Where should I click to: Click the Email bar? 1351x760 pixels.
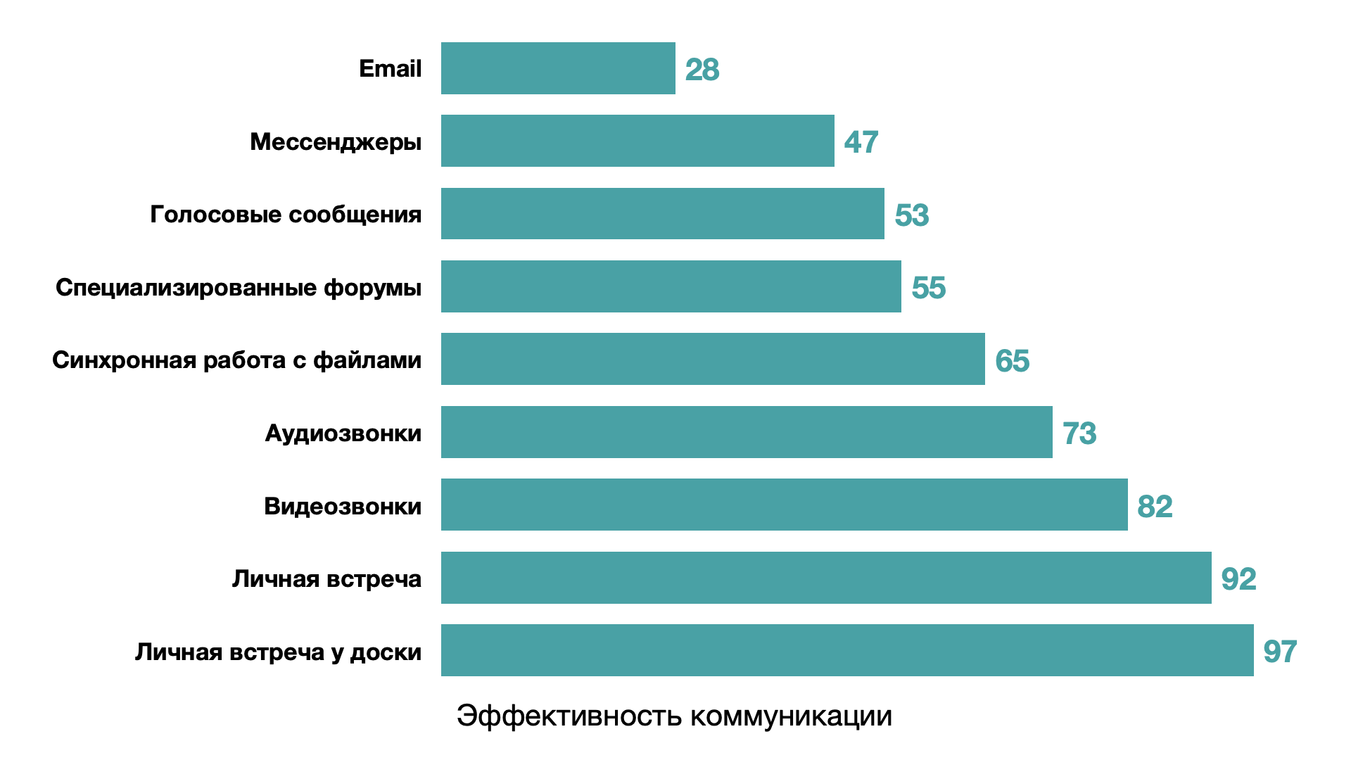coord(558,68)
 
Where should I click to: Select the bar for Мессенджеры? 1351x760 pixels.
coord(638,141)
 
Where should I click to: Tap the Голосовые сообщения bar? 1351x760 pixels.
coord(662,213)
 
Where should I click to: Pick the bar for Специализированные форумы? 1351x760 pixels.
coord(671,286)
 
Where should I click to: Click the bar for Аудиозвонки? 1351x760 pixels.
coord(747,432)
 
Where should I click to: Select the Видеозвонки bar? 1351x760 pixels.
coord(784,505)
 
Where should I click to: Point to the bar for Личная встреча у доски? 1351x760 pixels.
coord(847,650)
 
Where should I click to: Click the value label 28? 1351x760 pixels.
coord(702,70)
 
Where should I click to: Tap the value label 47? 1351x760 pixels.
coord(861,142)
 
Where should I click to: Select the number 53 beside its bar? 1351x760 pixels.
coord(912,215)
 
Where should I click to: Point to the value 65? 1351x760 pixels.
coord(1013,361)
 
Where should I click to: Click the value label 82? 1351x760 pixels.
coord(1155,507)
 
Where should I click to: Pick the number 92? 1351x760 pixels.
coord(1239,579)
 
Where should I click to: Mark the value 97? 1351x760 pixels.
coord(1281,652)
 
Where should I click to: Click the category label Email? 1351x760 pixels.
coord(390,68)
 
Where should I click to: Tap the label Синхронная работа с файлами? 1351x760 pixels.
coord(236,360)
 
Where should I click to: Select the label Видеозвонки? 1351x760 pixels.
coord(343,506)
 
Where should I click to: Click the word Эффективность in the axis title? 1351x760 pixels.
coord(569,716)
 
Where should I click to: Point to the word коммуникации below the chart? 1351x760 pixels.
coord(791,716)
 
